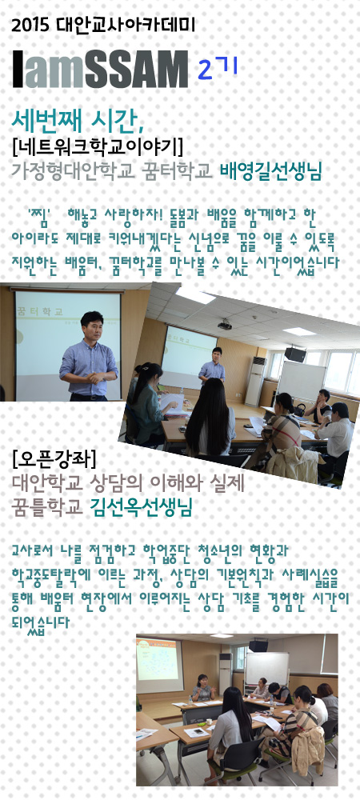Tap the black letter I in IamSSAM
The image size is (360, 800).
pyautogui.click(x=18, y=69)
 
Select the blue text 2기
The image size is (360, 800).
pyautogui.click(x=218, y=70)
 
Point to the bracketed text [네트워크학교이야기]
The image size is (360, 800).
pyautogui.click(x=98, y=147)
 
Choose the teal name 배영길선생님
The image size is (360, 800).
pyautogui.click(x=270, y=172)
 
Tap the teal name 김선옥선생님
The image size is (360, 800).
pyautogui.click(x=142, y=508)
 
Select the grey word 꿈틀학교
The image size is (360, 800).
pyautogui.click(x=47, y=508)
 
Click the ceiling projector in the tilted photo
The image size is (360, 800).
pyautogui.click(x=225, y=325)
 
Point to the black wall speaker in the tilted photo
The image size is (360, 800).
pyautogui.click(x=295, y=354)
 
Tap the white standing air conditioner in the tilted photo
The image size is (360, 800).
pyautogui.click(x=255, y=381)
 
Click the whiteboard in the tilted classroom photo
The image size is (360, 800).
pyautogui.click(x=302, y=381)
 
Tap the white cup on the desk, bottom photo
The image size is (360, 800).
pyautogui.click(x=209, y=722)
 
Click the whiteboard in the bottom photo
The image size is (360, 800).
pyautogui.click(x=266, y=668)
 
